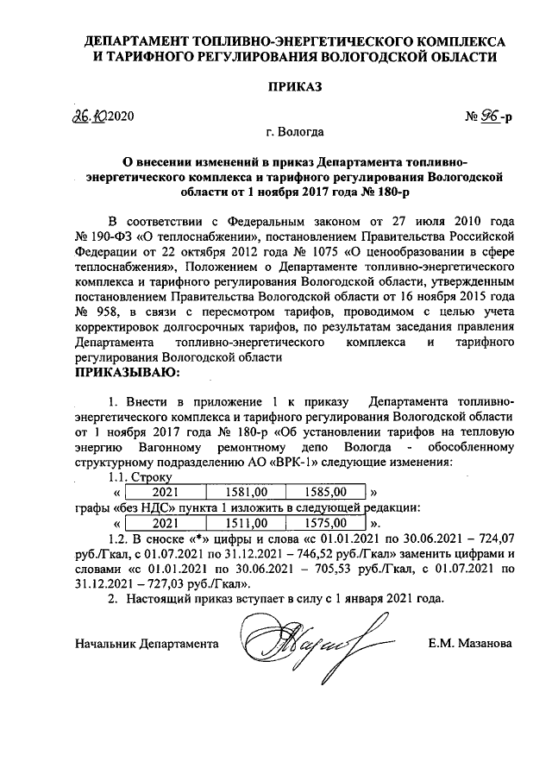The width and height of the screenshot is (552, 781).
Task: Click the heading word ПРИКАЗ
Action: click(x=296, y=86)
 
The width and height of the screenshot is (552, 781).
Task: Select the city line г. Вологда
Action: click(x=296, y=132)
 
